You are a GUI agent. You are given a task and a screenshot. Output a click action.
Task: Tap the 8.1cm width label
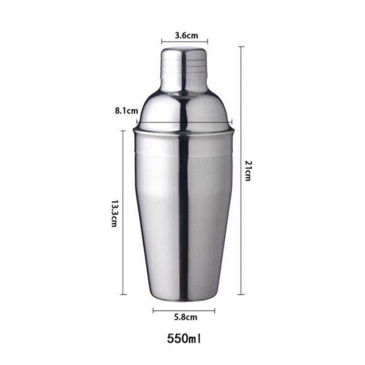[x=126, y=111]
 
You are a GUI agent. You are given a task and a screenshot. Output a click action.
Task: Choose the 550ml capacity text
[x=184, y=339]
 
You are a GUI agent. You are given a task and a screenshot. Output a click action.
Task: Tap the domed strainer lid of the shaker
[x=184, y=109]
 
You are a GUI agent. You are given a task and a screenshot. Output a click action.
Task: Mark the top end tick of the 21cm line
[x=241, y=47]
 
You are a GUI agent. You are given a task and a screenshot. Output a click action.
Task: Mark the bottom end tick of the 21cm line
[x=241, y=294]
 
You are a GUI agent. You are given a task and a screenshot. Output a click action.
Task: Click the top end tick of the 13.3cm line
[x=123, y=131]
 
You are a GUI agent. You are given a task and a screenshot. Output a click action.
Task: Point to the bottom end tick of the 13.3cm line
[x=123, y=294]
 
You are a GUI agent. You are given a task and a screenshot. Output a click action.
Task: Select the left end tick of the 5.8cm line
[x=153, y=311]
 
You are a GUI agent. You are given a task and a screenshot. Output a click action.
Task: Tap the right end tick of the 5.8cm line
[x=214, y=311]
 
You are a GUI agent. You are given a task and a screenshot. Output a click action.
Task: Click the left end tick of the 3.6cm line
[x=162, y=42]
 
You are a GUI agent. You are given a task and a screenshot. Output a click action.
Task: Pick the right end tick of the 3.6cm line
[x=208, y=42]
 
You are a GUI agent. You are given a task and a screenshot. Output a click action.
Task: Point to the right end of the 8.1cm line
[x=232, y=122]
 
